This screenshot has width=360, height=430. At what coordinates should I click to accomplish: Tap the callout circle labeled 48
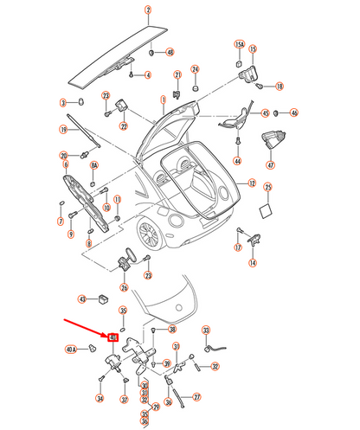pos(170,52)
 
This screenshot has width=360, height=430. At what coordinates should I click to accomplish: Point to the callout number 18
pos(281,86)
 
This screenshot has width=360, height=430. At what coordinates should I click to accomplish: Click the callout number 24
pos(195,68)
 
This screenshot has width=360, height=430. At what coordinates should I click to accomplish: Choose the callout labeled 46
pos(294,112)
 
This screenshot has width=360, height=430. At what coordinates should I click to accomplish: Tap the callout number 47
pos(270,165)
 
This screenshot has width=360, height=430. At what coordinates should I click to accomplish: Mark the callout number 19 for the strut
pos(63,130)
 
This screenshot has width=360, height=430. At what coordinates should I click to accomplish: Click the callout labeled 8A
pos(95,164)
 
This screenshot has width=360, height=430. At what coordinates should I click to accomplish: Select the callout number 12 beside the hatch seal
pos(252,183)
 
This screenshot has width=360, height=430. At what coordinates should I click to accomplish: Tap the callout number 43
pos(82,299)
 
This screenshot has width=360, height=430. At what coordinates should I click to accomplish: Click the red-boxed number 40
pos(112,336)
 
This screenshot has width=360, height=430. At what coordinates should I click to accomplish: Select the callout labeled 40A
pos(71,350)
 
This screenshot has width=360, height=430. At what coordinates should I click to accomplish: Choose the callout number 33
pos(206,331)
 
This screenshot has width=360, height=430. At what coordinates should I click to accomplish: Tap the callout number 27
pos(196,397)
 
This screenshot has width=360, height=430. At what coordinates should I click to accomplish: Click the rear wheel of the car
pos(148,231)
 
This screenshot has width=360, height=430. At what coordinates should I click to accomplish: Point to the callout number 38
pos(172,330)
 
